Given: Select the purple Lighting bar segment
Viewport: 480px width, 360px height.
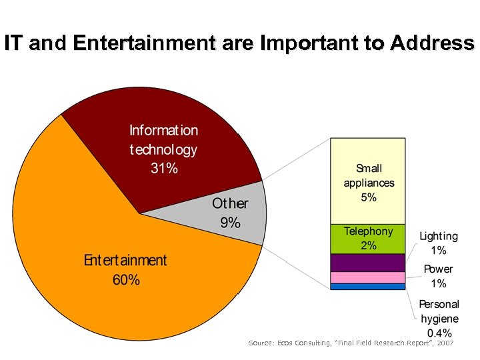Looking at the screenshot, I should coord(368,263).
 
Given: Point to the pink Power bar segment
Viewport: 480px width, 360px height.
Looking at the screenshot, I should coord(368,277).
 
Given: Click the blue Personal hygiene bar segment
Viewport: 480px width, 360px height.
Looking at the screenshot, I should coord(368,287).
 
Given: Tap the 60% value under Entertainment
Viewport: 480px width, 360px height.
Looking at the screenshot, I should coord(126,280).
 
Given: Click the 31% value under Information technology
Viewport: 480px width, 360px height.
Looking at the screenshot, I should coord(164,168).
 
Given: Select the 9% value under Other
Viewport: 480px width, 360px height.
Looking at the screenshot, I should coord(230,223).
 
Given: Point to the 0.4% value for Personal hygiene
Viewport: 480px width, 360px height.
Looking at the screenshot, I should coord(439,333).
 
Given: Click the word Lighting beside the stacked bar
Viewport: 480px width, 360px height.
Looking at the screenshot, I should coord(439,236).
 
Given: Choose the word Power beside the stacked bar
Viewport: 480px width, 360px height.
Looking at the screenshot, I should coord(438,269).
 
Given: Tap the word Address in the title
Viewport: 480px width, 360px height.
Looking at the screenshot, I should coord(433,44).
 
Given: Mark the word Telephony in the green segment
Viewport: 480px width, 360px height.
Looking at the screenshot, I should coord(369,231).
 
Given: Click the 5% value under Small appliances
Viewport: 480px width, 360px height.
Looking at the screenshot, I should coord(369,197).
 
